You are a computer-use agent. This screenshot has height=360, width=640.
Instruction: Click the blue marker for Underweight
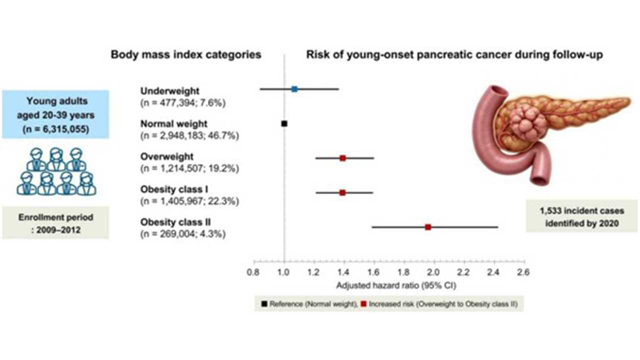click(x=294, y=89)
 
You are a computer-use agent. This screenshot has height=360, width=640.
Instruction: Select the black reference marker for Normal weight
click(x=284, y=123)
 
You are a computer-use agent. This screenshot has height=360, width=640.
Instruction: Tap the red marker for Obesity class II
click(x=428, y=227)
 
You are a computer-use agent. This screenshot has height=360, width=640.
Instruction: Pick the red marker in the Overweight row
click(x=342, y=158)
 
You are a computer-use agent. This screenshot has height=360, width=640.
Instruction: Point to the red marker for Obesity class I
click(x=342, y=192)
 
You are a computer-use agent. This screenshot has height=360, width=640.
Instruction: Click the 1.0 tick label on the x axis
click(x=284, y=272)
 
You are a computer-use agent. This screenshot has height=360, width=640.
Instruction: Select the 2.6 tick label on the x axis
click(x=523, y=272)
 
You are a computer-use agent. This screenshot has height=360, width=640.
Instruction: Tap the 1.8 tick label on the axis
click(x=404, y=272)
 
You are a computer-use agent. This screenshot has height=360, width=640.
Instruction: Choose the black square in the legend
click(x=264, y=303)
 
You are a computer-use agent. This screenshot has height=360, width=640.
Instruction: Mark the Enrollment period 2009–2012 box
click(x=55, y=222)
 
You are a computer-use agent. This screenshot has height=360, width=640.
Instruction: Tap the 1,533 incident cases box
click(x=582, y=217)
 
